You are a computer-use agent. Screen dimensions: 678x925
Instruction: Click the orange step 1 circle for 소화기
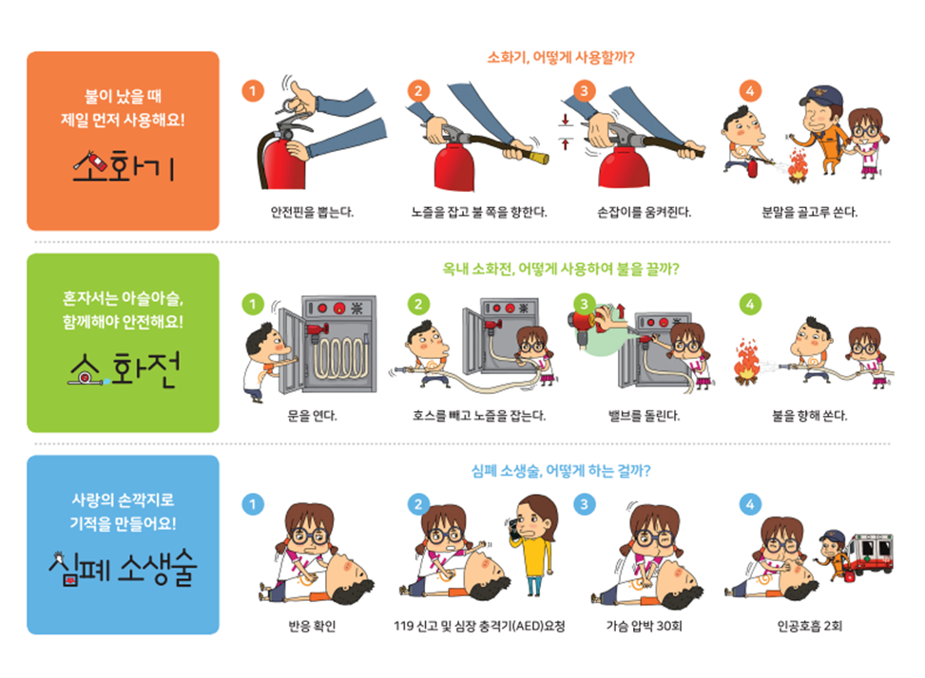[252, 91]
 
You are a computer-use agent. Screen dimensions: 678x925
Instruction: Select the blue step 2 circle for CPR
[418, 503]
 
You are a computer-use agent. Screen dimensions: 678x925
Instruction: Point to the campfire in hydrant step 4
[746, 365]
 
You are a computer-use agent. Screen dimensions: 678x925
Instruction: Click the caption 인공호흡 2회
[810, 626]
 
